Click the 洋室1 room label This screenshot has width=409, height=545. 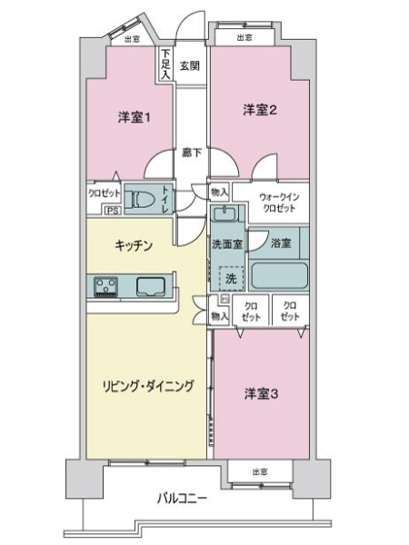tap(133, 117)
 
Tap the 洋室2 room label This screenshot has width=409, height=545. tap(258, 110)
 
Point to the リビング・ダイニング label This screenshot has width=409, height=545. tap(148, 385)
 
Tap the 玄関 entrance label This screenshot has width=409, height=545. tap(190, 64)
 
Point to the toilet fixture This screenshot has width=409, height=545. tap(139, 200)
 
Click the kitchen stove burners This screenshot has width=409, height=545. tap(105, 286)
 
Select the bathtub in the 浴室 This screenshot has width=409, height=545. tap(279, 275)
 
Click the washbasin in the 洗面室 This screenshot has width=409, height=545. tap(224, 215)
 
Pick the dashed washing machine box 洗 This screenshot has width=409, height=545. tap(231, 275)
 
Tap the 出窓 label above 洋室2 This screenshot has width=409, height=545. tap(244, 37)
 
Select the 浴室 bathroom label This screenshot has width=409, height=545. tap(281, 243)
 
